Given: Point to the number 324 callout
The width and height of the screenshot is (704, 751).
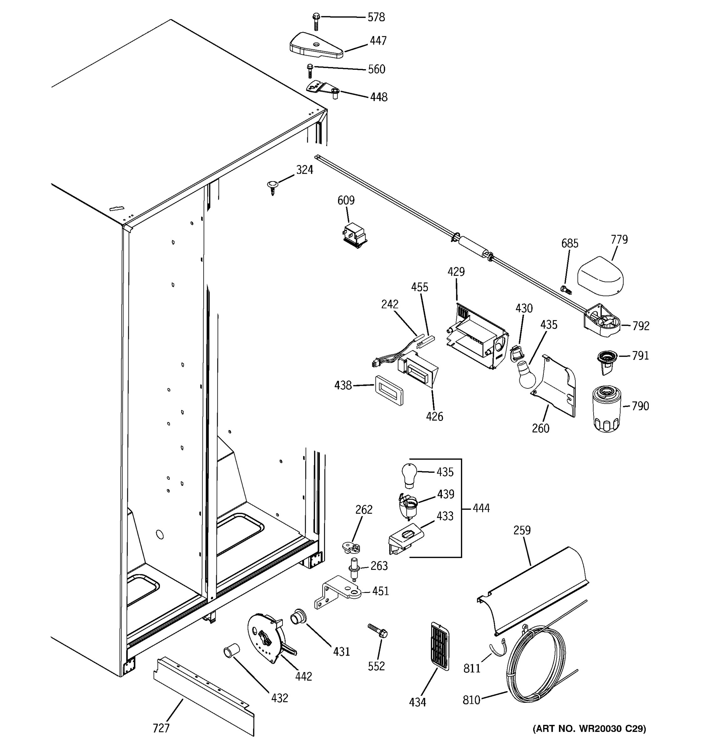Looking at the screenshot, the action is click(304, 170).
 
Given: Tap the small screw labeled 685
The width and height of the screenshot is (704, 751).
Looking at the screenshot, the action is click(566, 290).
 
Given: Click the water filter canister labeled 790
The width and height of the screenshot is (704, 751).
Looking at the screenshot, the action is click(606, 409).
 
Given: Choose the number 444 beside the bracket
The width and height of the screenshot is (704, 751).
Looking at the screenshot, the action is click(481, 508).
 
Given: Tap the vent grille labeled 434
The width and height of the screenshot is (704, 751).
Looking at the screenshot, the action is click(440, 646).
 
